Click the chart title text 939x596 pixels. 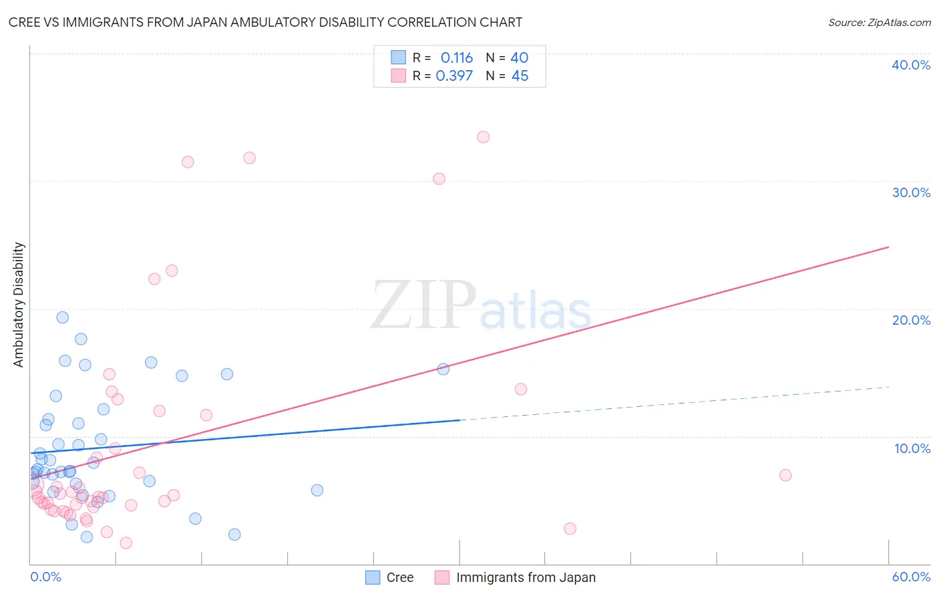(x=265, y=22)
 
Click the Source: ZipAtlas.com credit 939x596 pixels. (x=879, y=22)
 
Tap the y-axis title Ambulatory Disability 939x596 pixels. (x=19, y=305)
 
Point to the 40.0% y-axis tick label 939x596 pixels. (x=911, y=65)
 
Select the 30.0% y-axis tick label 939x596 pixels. (x=911, y=192)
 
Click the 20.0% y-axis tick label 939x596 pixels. (x=911, y=320)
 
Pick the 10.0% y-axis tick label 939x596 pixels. (x=912, y=448)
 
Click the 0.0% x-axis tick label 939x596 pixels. (x=45, y=577)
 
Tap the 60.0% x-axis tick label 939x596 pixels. (x=911, y=577)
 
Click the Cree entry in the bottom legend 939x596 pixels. (x=399, y=577)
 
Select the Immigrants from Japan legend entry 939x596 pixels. (x=526, y=577)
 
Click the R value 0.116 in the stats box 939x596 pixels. (x=457, y=58)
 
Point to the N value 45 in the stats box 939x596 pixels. (x=520, y=76)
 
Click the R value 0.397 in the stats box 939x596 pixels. (x=454, y=76)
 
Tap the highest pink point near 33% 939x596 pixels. (x=483, y=137)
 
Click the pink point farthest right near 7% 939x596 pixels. (x=785, y=475)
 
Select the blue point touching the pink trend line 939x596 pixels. (x=443, y=369)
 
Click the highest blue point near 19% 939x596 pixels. (x=62, y=317)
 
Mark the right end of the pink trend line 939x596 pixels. (x=888, y=247)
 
